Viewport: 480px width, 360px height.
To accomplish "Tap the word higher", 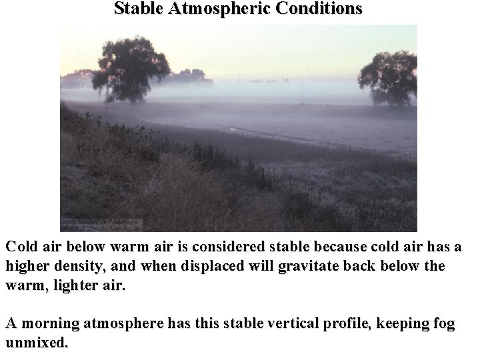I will coord(27,267).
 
